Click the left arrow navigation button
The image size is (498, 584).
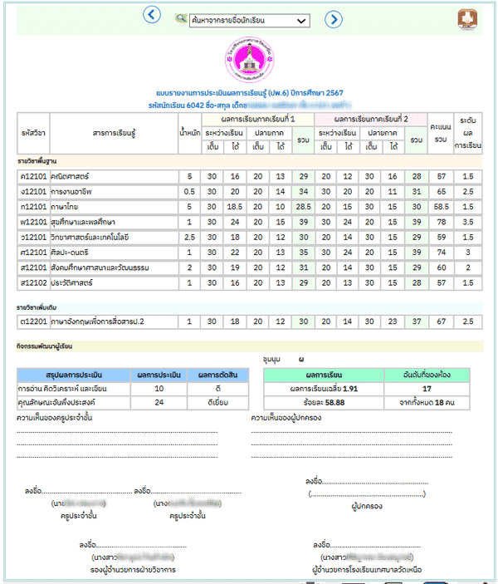pyautogui.click(x=151, y=15)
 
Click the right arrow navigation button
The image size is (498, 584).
pyautogui.click(x=333, y=18)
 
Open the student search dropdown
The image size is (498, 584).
pyautogui.click(x=247, y=19)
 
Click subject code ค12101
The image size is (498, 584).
pyautogui.click(x=33, y=176)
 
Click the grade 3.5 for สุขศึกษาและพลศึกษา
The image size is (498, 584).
pyautogui.click(x=468, y=222)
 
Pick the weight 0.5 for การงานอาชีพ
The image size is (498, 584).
pyautogui.click(x=189, y=190)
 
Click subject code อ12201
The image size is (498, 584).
pyautogui.click(x=33, y=321)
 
